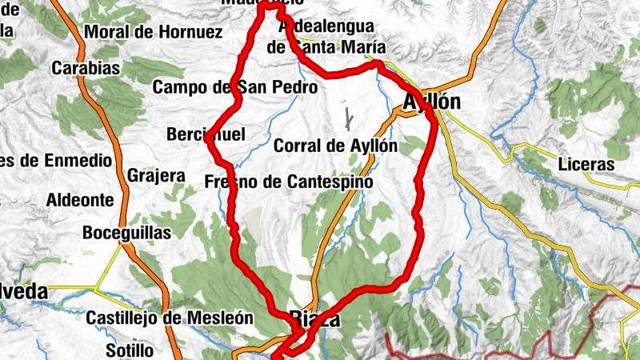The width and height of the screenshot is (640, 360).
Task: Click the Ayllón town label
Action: point(432,103)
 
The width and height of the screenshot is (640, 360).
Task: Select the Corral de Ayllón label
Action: point(335,146)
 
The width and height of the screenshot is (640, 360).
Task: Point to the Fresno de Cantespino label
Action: point(289,182)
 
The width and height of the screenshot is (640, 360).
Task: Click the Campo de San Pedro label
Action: point(236,86)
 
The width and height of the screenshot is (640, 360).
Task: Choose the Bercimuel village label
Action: point(206,134)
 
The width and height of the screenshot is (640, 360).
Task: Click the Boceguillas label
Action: point(127,233)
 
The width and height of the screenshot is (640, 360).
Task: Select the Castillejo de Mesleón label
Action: point(170,318)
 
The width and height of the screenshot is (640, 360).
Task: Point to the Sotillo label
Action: point(130,350)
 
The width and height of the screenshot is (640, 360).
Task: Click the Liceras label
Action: point(587,165)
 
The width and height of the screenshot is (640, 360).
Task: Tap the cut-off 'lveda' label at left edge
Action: point(24,293)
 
